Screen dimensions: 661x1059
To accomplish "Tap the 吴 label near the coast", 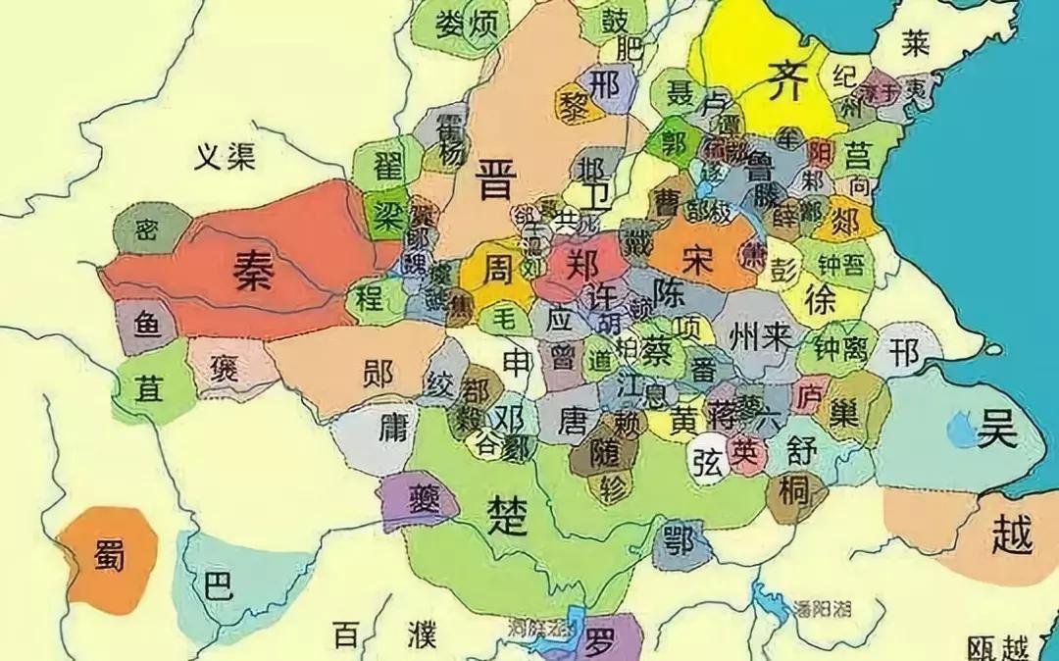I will [994, 428].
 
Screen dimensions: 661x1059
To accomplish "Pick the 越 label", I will [1012, 535].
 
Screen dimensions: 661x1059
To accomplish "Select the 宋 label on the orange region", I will [695, 259].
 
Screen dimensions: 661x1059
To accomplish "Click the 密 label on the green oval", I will [147, 229].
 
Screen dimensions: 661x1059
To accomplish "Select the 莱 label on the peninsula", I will [916, 42].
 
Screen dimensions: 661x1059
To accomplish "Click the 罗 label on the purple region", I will [599, 642].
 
